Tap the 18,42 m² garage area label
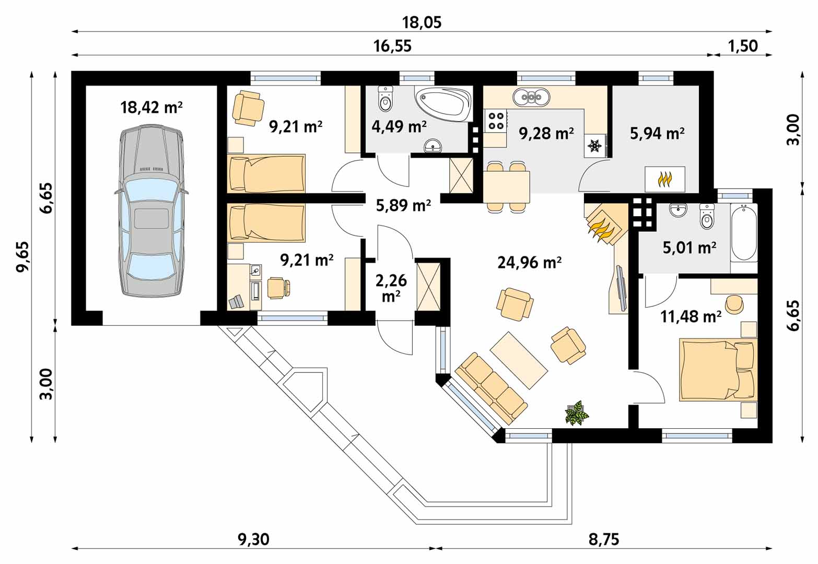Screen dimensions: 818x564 [x=151, y=108]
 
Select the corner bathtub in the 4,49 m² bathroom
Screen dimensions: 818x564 [x=443, y=104]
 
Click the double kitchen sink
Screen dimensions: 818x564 [x=531, y=97]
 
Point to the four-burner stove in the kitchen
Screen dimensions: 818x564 [x=496, y=121]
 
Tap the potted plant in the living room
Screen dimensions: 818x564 [x=577, y=413]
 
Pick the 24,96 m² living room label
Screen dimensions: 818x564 [x=529, y=263]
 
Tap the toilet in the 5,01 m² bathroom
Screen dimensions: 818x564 [x=707, y=216]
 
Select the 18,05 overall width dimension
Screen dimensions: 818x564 [x=422, y=22]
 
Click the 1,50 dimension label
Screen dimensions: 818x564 [x=743, y=46]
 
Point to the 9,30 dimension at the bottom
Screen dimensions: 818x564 [x=253, y=539]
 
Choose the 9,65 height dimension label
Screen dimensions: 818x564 [x=22, y=256]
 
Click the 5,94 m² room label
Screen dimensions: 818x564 [x=657, y=134]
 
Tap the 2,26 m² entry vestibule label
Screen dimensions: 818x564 [x=391, y=288]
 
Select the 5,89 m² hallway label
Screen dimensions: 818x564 [x=404, y=206]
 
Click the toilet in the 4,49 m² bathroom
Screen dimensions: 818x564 [x=385, y=98]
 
